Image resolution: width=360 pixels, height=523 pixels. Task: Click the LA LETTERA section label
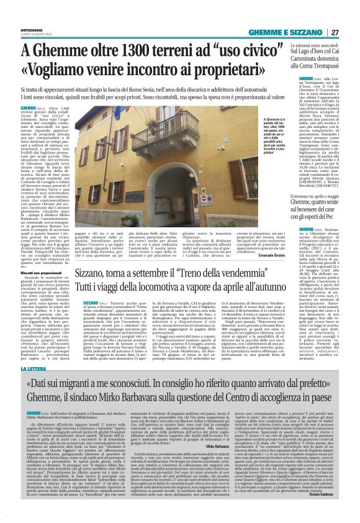[x=50, y=370]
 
